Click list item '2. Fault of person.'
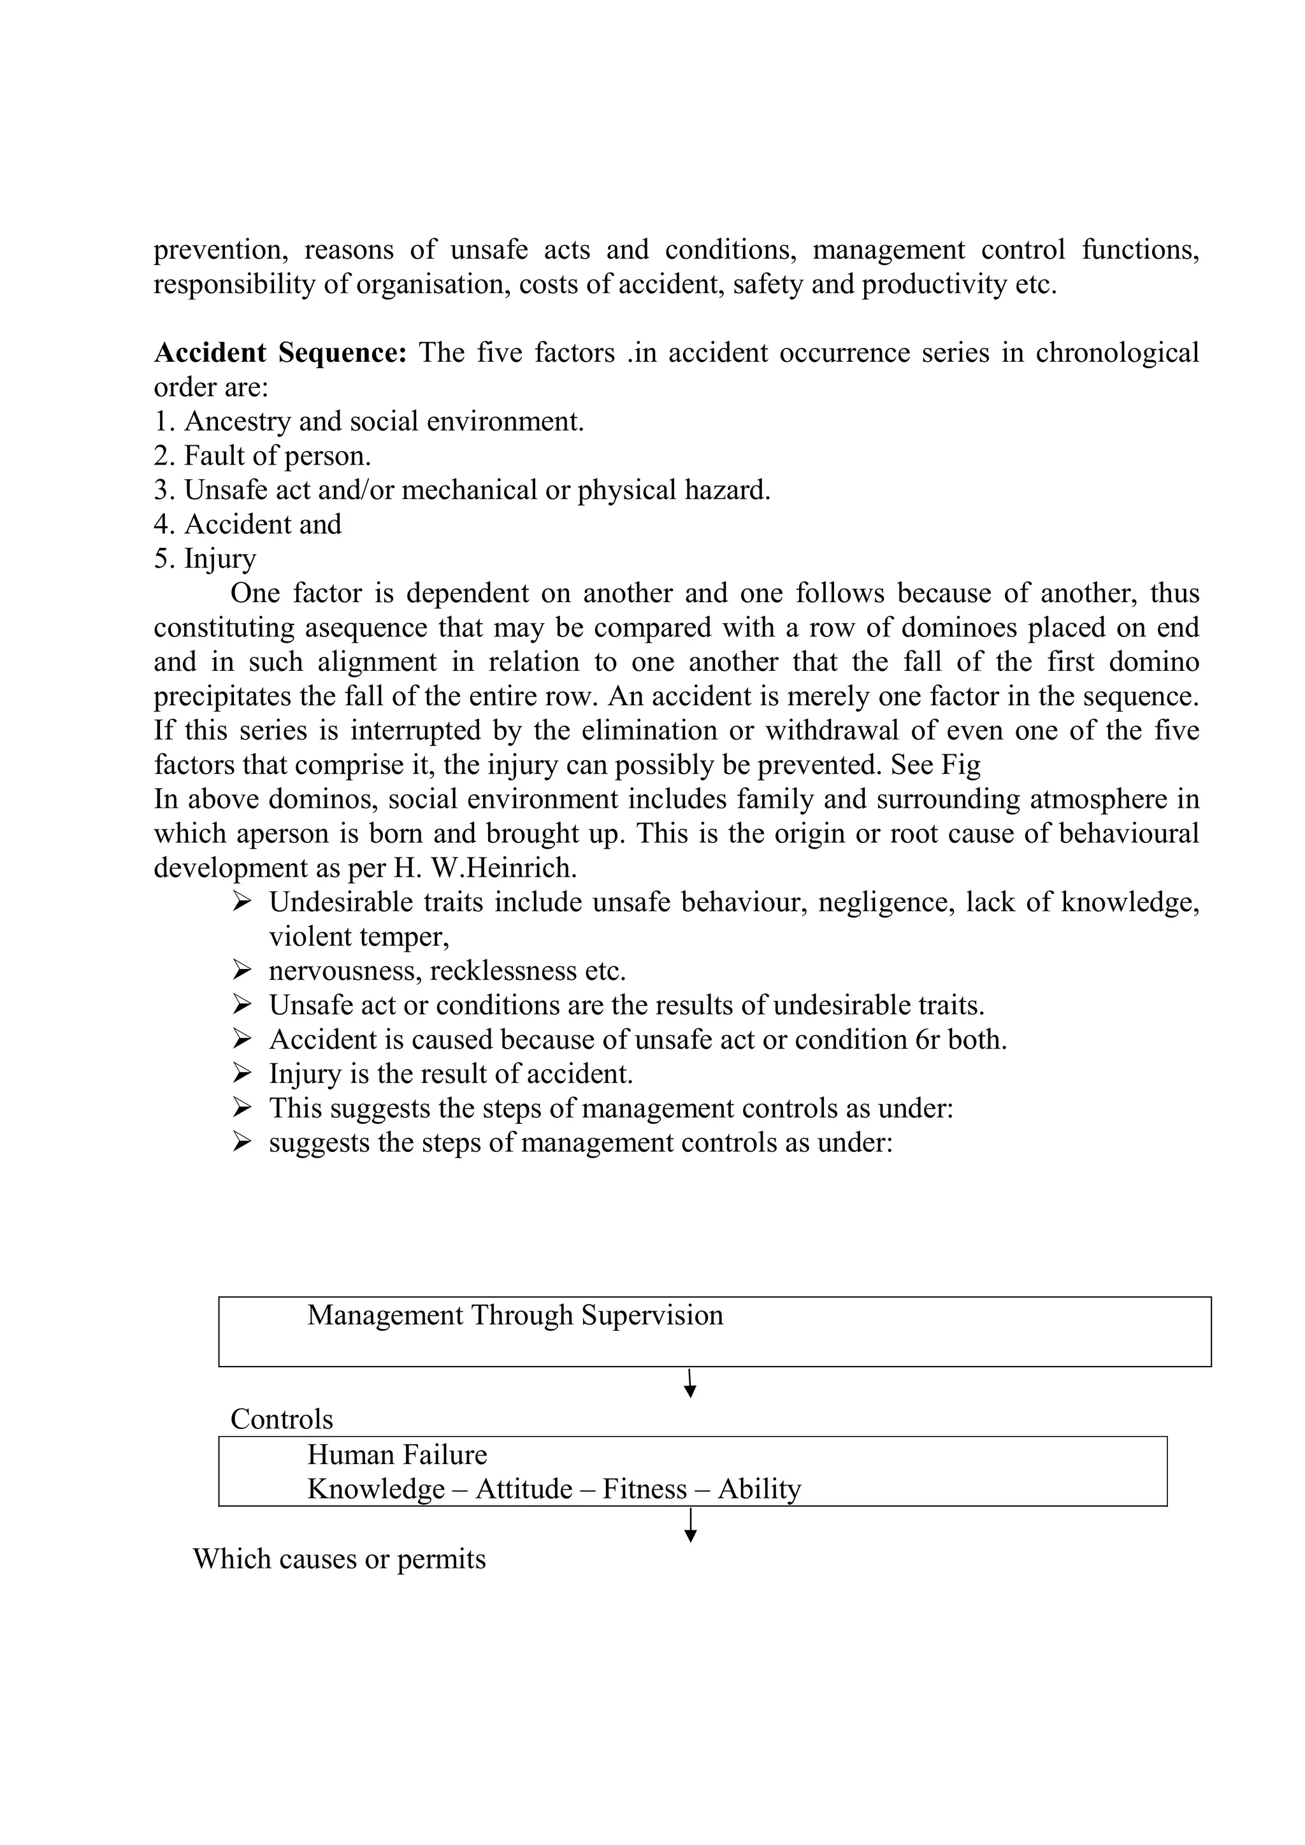point(262,456)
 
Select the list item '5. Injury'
point(205,559)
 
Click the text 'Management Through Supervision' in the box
point(515,1316)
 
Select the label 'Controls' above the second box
point(281,1419)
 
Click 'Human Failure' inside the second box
point(397,1455)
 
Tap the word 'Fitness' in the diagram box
point(644,1490)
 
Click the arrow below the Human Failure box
point(689,1525)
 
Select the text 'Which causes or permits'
point(339,1560)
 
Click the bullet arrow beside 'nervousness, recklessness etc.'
point(242,971)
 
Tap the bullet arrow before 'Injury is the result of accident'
point(242,1073)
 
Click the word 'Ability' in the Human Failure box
point(760,1490)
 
